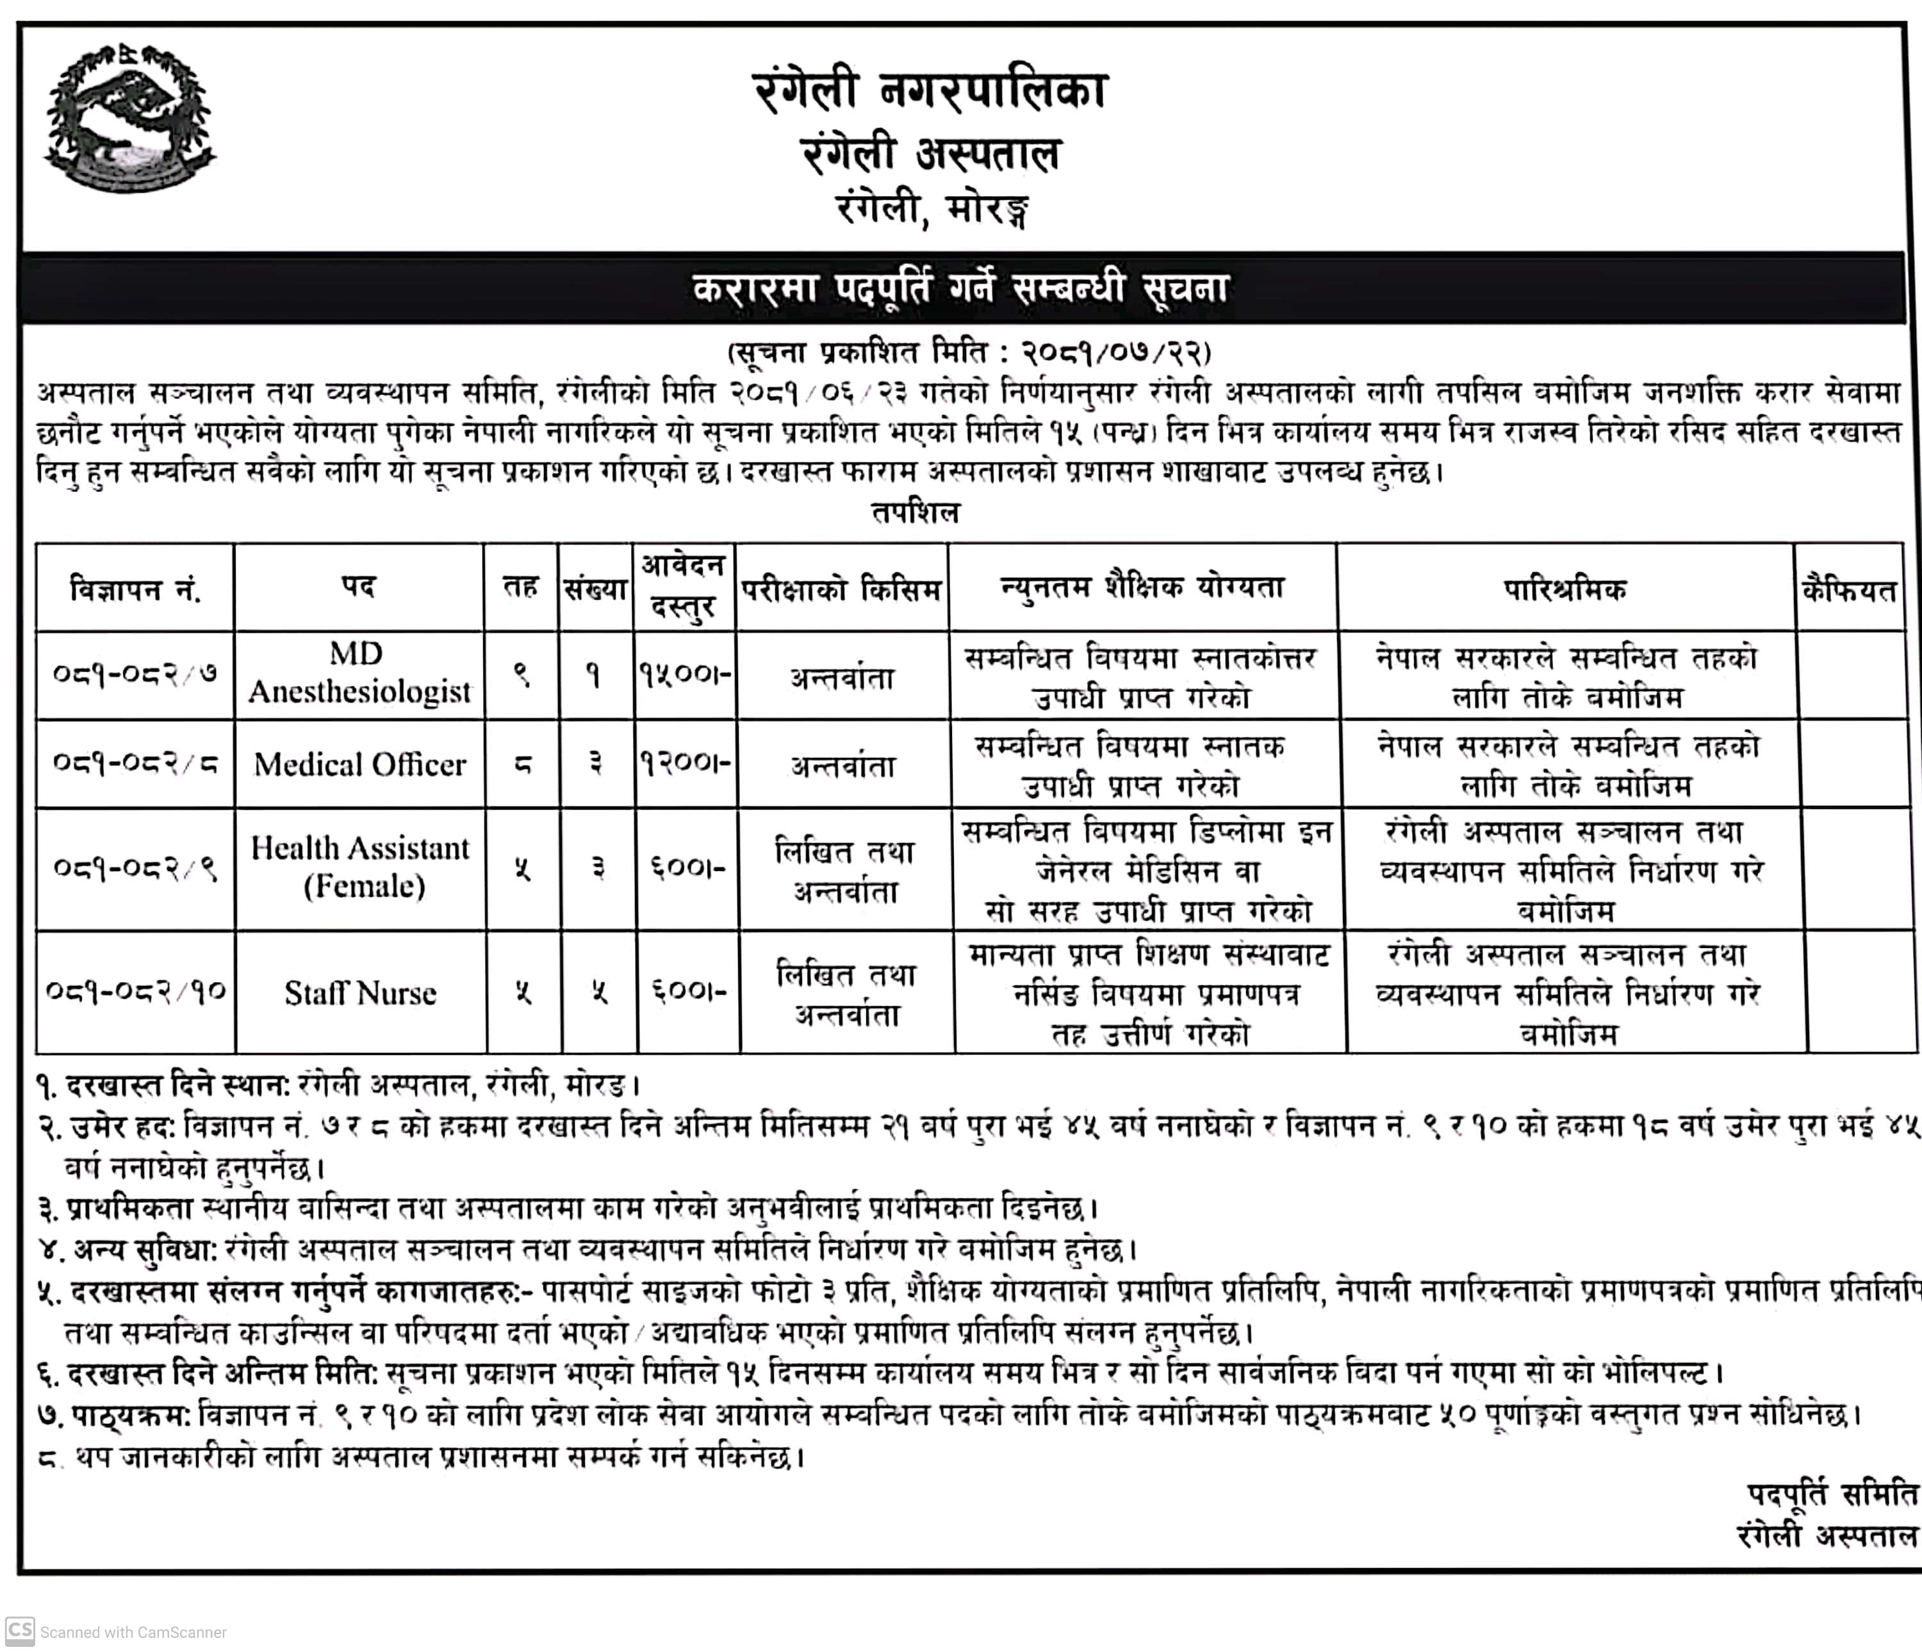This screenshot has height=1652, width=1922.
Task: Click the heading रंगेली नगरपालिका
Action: coord(930,92)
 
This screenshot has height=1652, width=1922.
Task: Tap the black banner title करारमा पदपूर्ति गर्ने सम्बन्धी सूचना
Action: coord(961,288)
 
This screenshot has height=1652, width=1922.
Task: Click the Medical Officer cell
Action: coord(360,764)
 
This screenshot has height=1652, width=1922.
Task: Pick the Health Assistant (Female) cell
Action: coord(361,867)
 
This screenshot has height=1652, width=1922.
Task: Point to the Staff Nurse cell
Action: coord(360,992)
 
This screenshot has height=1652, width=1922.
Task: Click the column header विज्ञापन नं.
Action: coord(135,588)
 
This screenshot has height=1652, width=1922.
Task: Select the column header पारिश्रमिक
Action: coord(1565,588)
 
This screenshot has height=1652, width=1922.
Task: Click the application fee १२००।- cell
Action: coord(686,764)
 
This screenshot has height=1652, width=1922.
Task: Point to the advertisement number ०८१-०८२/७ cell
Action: coord(135,673)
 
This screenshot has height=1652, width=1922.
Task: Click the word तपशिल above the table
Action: coord(916,513)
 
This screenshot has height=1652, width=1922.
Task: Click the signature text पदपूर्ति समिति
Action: coord(1831,1494)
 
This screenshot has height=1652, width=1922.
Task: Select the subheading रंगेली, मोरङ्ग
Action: coord(932,211)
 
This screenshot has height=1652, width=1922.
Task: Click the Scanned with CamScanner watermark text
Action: coord(133,1632)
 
